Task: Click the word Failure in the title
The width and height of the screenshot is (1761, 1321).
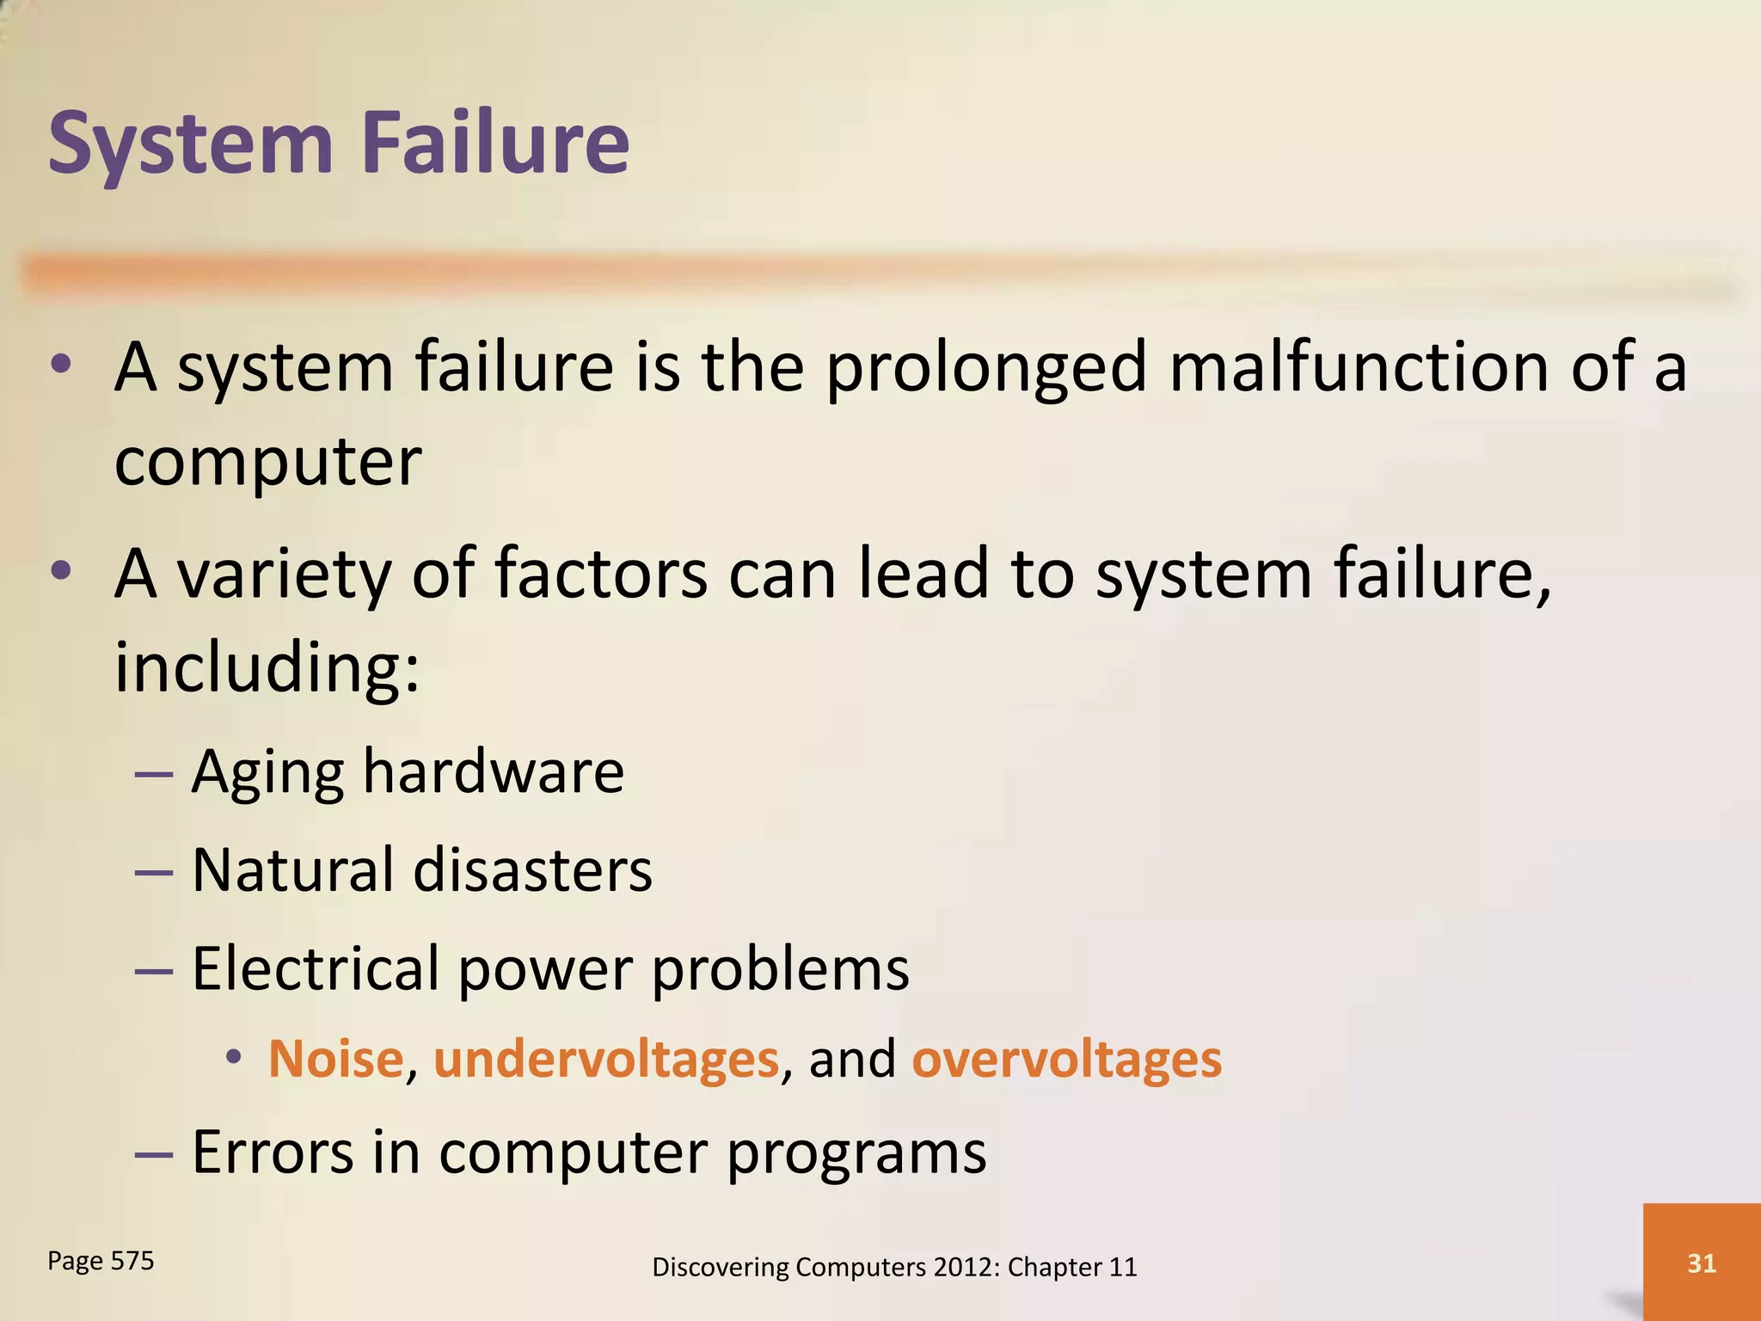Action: pos(496,143)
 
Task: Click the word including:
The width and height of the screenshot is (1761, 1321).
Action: pos(267,667)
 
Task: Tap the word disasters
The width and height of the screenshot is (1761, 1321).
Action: pos(532,870)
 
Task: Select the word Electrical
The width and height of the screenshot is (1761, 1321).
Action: pos(316,968)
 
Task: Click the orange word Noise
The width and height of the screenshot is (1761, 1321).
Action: pos(335,1058)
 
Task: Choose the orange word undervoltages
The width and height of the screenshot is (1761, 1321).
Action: pos(606,1060)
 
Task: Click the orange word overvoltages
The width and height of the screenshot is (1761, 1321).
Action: pos(1066,1060)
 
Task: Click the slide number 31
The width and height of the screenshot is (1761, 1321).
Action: pos(1702,1263)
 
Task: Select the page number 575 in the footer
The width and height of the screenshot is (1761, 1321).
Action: pos(132,1261)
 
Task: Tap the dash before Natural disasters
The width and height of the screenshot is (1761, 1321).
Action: pos(154,872)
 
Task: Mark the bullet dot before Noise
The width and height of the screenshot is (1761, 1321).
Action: pos(233,1057)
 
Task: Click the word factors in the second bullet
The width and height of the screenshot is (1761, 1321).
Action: pos(601,574)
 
